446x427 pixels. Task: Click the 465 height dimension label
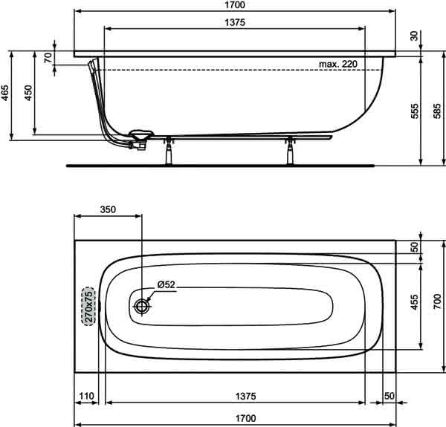5,93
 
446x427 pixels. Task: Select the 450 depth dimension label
28,93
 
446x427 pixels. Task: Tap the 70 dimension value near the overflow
48,57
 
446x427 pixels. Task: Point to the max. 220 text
338,64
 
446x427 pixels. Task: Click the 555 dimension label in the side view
415,111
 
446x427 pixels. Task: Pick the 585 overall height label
438,111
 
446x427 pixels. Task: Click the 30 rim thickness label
415,36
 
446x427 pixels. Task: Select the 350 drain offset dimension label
108,209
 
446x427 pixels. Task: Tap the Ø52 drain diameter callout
166,284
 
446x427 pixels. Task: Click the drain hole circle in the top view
142,306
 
